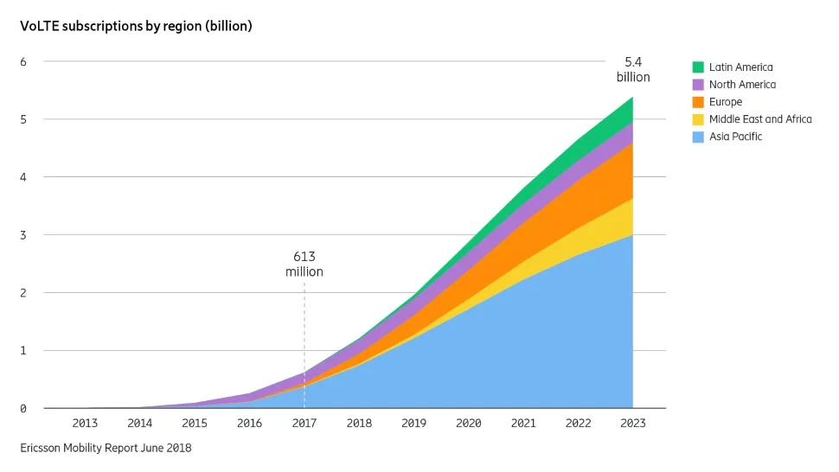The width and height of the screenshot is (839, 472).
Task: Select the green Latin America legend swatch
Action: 698,67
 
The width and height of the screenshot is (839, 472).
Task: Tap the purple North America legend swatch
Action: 698,85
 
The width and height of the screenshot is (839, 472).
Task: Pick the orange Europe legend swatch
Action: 698,102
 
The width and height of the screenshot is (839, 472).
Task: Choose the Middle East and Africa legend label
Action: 759,119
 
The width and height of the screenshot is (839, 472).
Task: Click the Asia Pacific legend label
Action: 735,137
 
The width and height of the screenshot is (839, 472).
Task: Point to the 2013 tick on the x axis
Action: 85,424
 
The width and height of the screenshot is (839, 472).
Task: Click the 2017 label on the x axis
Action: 304,424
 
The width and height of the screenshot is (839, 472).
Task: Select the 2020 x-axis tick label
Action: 469,424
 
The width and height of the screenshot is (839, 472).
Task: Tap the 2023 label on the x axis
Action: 633,424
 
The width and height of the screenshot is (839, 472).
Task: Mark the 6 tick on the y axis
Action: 24,61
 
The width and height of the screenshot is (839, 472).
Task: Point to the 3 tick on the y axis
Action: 24,235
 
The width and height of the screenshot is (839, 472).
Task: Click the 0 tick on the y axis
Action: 24,408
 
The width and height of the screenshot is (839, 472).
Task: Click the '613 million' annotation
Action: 304,265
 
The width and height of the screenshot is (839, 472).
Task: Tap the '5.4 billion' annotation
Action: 633,69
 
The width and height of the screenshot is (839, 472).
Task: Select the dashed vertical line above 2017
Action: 304,328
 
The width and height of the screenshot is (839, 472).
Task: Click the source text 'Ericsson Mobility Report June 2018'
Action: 106,448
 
